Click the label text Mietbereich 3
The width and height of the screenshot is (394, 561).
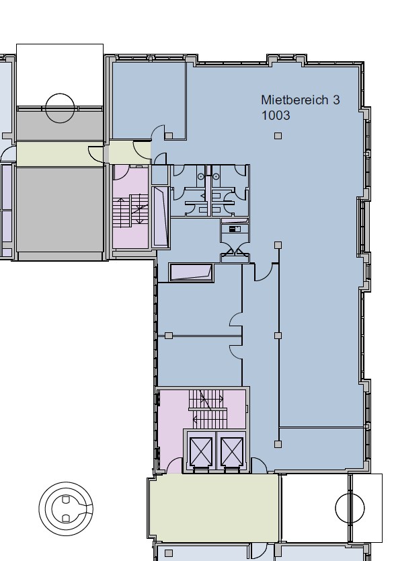click(301, 100)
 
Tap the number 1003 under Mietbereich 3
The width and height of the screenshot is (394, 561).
click(275, 116)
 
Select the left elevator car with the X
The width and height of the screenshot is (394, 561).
click(201, 451)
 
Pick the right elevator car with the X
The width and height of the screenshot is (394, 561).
click(232, 451)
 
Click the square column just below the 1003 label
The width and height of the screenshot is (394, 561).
click(278, 136)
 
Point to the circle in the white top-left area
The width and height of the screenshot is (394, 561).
click(60, 108)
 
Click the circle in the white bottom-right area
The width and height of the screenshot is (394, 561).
click(350, 508)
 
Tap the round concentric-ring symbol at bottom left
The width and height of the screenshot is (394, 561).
click(66, 509)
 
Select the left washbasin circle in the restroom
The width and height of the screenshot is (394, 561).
click(201, 176)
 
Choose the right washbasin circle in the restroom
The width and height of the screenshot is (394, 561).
click(216, 176)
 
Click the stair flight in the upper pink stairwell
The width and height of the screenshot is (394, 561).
click(130, 211)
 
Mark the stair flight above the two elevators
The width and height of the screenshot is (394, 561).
click(206, 408)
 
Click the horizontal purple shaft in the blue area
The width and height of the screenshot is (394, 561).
click(192, 272)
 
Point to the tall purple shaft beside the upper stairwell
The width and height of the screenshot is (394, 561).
click(160, 217)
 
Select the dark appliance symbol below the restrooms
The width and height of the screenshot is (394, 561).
click(235, 229)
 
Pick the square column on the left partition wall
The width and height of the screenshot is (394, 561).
click(169, 336)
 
